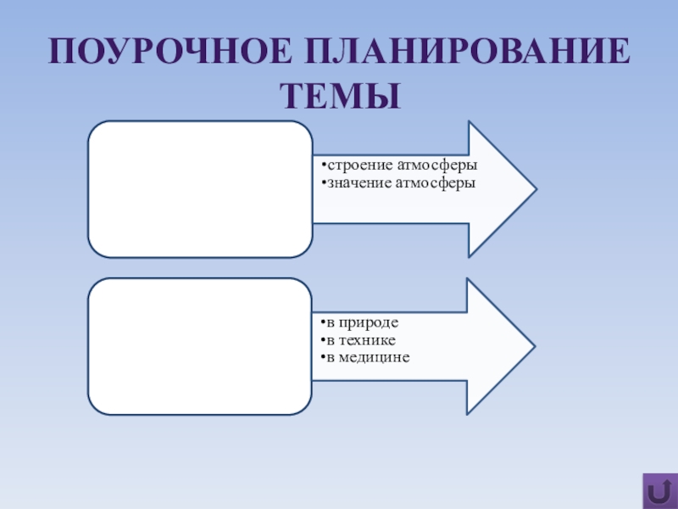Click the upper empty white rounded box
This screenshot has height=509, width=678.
coord(201,188)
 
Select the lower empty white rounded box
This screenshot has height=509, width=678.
coord(201,346)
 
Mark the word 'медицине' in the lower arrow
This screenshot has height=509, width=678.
coord(375,357)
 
